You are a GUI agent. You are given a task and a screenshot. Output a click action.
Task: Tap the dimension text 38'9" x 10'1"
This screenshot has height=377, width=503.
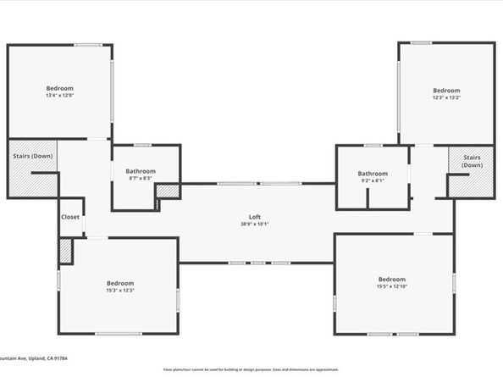(x=254, y=225)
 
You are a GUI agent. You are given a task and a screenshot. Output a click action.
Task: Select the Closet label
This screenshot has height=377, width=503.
(x=70, y=217)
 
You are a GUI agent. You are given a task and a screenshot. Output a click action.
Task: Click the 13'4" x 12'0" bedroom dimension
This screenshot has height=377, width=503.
(x=60, y=96)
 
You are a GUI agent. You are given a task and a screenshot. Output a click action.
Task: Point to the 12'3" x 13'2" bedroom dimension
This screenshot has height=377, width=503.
(x=445, y=97)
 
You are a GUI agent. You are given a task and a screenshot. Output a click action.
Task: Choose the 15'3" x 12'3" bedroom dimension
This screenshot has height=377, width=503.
(x=119, y=291)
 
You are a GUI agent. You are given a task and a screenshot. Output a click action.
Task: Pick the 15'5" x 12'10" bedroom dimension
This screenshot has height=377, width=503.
(x=391, y=287)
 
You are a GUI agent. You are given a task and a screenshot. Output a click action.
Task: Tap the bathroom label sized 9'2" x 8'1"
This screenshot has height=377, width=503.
(x=372, y=180)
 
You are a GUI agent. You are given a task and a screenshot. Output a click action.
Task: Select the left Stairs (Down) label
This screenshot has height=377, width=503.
(x=32, y=156)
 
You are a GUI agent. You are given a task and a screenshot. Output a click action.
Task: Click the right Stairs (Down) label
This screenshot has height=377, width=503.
(x=471, y=161)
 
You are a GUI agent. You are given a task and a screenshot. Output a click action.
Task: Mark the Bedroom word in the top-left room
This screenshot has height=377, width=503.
(x=60, y=88)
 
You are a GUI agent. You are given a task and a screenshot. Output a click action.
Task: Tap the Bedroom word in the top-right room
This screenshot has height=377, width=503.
(x=445, y=90)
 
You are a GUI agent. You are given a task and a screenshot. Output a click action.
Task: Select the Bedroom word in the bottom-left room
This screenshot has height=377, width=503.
(x=119, y=283)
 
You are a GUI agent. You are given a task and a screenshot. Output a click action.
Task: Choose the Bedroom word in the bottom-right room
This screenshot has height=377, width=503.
(x=391, y=280)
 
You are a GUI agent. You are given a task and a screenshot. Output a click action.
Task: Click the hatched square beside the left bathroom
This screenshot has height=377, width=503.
(x=169, y=191)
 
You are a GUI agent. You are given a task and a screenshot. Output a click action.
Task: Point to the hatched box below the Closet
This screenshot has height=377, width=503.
(x=65, y=252)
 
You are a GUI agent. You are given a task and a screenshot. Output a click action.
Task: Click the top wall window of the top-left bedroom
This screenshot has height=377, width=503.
(x=87, y=44)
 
